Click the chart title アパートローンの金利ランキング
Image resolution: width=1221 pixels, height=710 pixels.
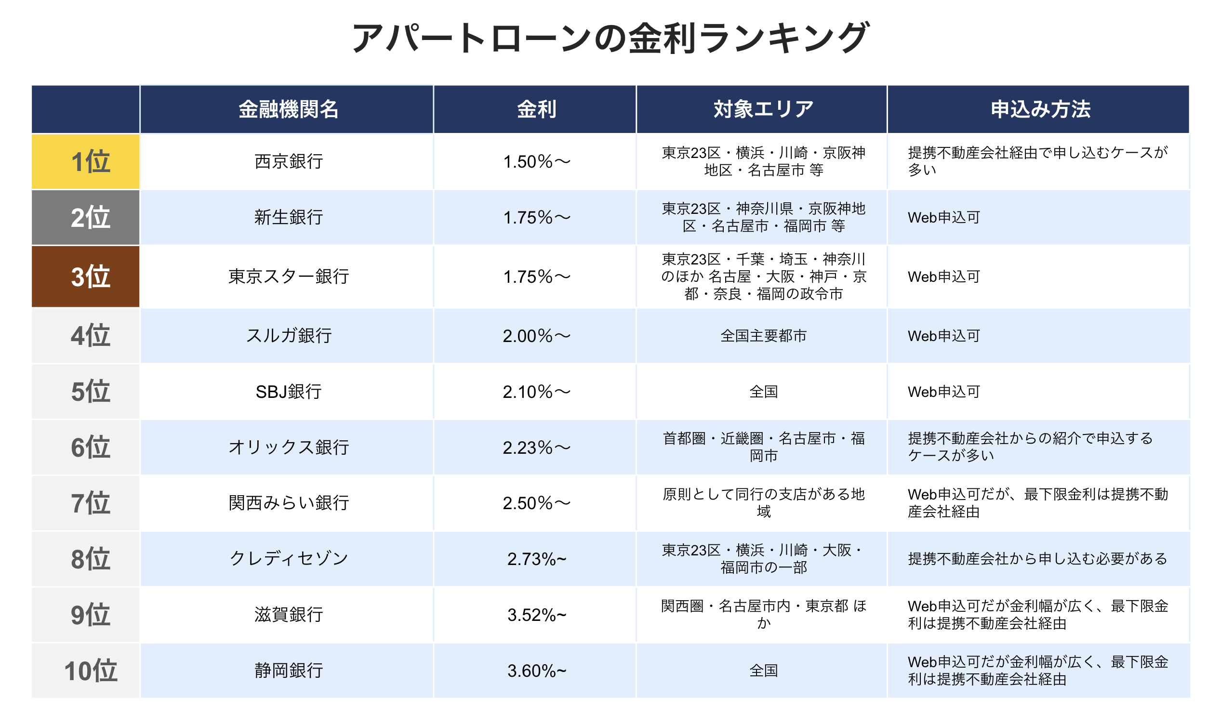tap(610, 38)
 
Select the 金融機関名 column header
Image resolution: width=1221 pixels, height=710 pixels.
tap(288, 109)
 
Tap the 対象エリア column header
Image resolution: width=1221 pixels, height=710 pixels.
tap(763, 109)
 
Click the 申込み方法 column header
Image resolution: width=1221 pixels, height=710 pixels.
tap(1040, 109)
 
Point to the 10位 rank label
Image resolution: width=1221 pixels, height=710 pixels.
tap(91, 671)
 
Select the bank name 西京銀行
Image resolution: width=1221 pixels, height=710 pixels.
tap(288, 161)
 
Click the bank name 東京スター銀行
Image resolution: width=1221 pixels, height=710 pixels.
tap(288, 276)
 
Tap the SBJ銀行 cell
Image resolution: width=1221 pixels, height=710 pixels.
tap(288, 391)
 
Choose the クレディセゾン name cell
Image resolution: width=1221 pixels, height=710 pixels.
tap(288, 558)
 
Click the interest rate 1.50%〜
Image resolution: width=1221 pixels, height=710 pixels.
tap(536, 161)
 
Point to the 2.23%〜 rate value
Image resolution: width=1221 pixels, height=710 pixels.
tap(536, 447)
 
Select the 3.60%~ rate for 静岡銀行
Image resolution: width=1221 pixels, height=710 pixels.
tap(536, 671)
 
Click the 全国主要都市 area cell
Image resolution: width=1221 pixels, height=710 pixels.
tap(763, 336)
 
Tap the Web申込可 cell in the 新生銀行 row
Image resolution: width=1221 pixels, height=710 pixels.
tap(944, 217)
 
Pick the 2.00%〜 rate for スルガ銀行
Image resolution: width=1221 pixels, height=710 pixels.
tap(536, 336)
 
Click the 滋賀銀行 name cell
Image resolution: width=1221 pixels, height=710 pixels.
tap(288, 615)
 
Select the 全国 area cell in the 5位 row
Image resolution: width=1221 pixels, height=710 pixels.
tap(763, 391)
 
